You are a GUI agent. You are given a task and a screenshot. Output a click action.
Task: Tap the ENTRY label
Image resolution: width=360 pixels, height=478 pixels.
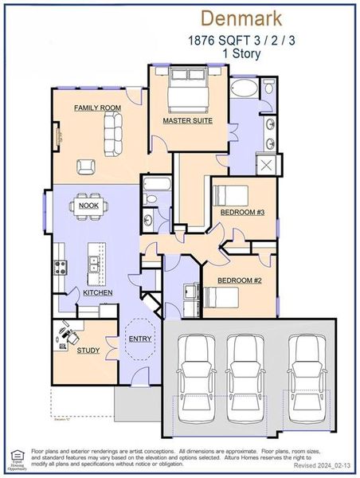(x=140, y=339)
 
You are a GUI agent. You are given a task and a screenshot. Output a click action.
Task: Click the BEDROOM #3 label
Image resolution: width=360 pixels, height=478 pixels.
(x=243, y=213)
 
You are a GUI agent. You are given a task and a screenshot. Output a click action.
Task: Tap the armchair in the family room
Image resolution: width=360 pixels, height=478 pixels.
(x=86, y=166)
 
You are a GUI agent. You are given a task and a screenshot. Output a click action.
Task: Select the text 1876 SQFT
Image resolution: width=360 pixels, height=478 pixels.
(x=208, y=38)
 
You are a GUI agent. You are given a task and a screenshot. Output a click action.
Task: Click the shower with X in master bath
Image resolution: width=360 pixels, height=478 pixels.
(x=265, y=166)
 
